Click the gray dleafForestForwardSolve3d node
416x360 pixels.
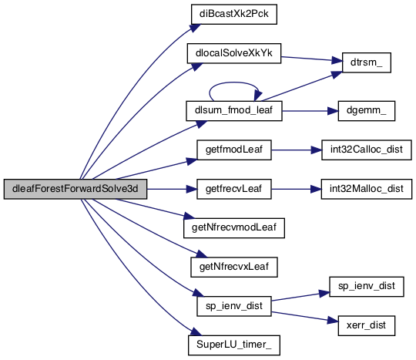75,189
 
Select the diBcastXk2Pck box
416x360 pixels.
234,14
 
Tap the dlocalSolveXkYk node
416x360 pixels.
234,53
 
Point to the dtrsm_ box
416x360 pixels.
367,62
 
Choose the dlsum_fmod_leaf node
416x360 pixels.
234,111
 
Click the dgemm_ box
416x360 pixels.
367,111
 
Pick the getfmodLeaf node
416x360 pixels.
234,150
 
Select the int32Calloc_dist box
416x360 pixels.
367,150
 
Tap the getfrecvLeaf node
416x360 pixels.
234,189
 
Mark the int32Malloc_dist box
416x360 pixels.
367,189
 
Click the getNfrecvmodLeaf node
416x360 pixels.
234,228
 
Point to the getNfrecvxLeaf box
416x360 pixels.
234,267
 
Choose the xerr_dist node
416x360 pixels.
367,325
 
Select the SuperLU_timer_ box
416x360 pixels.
234,345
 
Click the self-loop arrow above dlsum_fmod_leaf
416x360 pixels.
233,82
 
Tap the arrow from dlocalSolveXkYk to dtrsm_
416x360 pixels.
312,59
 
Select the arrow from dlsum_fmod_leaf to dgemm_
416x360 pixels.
310,111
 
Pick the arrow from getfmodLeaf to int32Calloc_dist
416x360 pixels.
297,150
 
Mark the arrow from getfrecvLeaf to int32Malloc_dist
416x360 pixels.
296,190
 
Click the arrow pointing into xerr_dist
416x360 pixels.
305,317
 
